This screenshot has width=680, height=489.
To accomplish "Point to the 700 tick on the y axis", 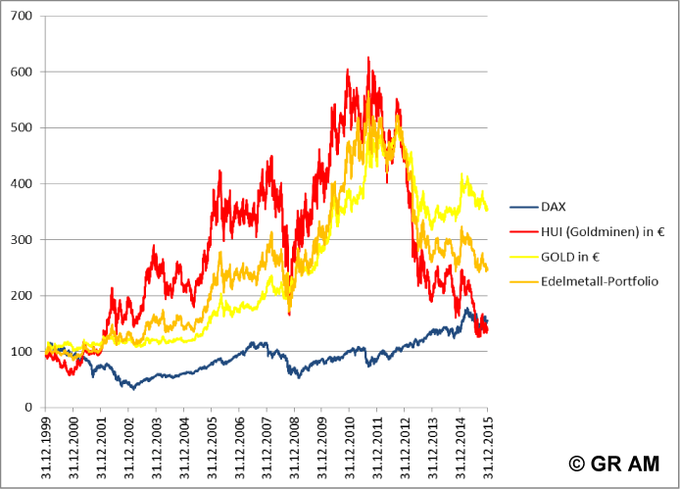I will [21, 17].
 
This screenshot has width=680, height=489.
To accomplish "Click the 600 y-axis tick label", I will [21, 73].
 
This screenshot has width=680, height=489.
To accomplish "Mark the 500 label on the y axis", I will [21, 128].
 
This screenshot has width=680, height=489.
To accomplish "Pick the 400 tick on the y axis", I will [21, 184].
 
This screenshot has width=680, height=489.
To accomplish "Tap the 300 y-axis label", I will [21, 240].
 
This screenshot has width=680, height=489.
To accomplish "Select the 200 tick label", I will [21, 296].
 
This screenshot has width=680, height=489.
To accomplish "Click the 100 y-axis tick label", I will [21, 352].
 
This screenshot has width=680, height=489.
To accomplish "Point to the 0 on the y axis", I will [28, 408].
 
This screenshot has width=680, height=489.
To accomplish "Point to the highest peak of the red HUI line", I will [368, 58].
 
